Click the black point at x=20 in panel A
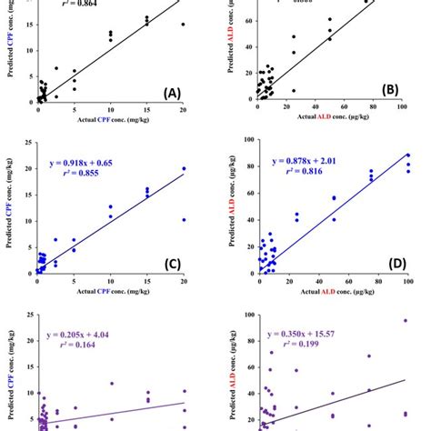(x=183, y=25)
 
